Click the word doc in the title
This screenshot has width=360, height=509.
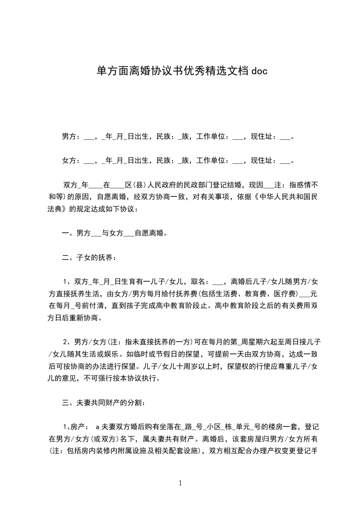pyautogui.click(x=257, y=71)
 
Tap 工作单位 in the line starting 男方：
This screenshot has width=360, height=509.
pyautogui.click(x=211, y=136)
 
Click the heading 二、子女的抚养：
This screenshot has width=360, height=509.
pyautogui.click(x=89, y=258)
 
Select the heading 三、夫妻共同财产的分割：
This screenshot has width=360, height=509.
pyautogui.click(x=104, y=402)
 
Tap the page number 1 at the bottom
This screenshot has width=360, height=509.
pyautogui.click(x=180, y=483)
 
